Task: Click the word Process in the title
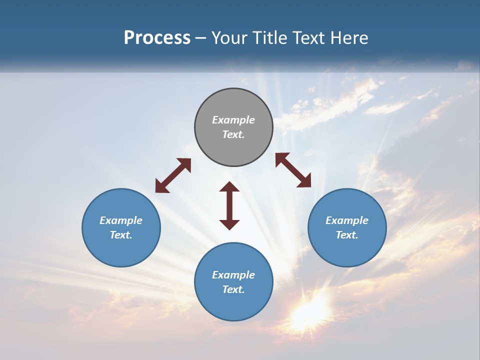point(157,38)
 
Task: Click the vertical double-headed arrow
point(229,205)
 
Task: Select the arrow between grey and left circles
point(173,175)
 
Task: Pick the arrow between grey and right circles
point(293,170)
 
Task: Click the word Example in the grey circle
point(233,120)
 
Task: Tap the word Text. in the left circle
point(121,235)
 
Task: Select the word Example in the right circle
point(347,220)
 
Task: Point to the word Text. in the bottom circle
point(233,289)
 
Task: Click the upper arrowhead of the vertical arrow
point(229,187)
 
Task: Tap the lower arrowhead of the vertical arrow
point(229,224)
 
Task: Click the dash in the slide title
point(200,38)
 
